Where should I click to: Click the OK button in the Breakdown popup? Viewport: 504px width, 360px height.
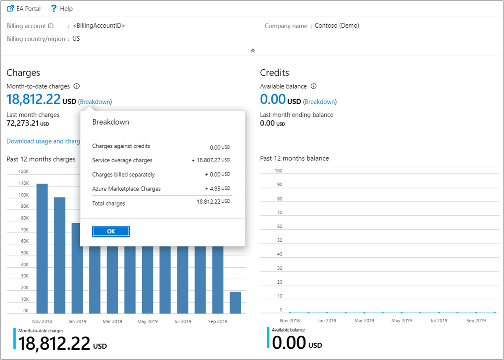pyautogui.click(x=111, y=231)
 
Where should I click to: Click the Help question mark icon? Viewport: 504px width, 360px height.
pyautogui.click(x=54, y=8)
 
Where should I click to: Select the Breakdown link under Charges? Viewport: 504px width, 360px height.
pyautogui.click(x=95, y=102)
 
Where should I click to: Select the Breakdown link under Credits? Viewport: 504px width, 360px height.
pyautogui.click(x=320, y=102)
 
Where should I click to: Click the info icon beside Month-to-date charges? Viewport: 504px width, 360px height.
pyautogui.click(x=76, y=86)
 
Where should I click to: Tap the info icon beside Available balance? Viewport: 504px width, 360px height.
pyautogui.click(x=313, y=86)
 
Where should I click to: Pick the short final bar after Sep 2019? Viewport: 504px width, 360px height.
pyautogui.click(x=235, y=303)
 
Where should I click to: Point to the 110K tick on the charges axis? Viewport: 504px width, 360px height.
pyautogui.click(x=23, y=183)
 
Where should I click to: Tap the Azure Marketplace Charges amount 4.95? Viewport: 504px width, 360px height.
pyautogui.click(x=214, y=189)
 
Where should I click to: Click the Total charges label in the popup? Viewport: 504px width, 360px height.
pyautogui.click(x=109, y=203)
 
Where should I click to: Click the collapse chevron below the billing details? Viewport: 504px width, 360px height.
pyautogui.click(x=253, y=50)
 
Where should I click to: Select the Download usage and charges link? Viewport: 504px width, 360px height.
pyautogui.click(x=43, y=141)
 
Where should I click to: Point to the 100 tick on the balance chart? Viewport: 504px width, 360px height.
pyautogui.click(x=278, y=171)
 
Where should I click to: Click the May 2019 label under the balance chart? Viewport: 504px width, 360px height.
pyautogui.click(x=401, y=321)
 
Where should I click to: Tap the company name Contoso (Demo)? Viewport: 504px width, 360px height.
pyautogui.click(x=337, y=26)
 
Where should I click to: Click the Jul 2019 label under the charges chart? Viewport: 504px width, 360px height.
pyautogui.click(x=183, y=321)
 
